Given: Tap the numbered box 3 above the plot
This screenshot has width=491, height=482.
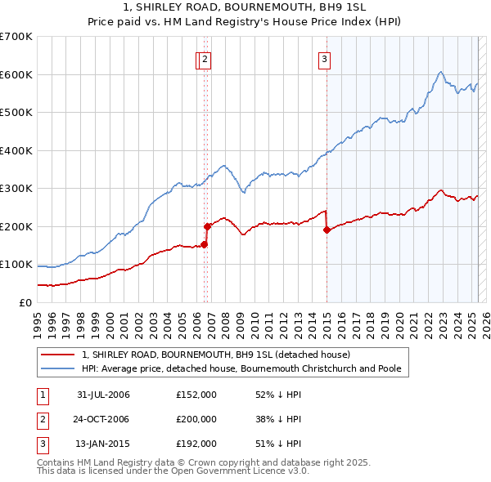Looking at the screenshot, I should (324, 59).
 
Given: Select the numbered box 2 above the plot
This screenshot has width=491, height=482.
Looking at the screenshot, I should (205, 59).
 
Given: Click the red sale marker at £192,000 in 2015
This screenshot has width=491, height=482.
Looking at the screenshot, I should (327, 230).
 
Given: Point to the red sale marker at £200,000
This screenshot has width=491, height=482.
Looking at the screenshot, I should (207, 226).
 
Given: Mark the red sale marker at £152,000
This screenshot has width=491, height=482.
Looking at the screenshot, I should (204, 244).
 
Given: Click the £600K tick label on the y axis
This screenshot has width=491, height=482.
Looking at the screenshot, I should (17, 74).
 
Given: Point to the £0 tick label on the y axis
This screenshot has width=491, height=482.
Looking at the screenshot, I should (27, 302).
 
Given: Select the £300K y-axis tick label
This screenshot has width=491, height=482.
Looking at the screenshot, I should (17, 188).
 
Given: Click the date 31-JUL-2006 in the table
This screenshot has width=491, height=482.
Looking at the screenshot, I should (103, 395).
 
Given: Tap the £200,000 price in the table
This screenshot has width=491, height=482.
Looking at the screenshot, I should (196, 419).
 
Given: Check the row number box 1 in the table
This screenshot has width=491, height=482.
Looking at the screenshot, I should (42, 395).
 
